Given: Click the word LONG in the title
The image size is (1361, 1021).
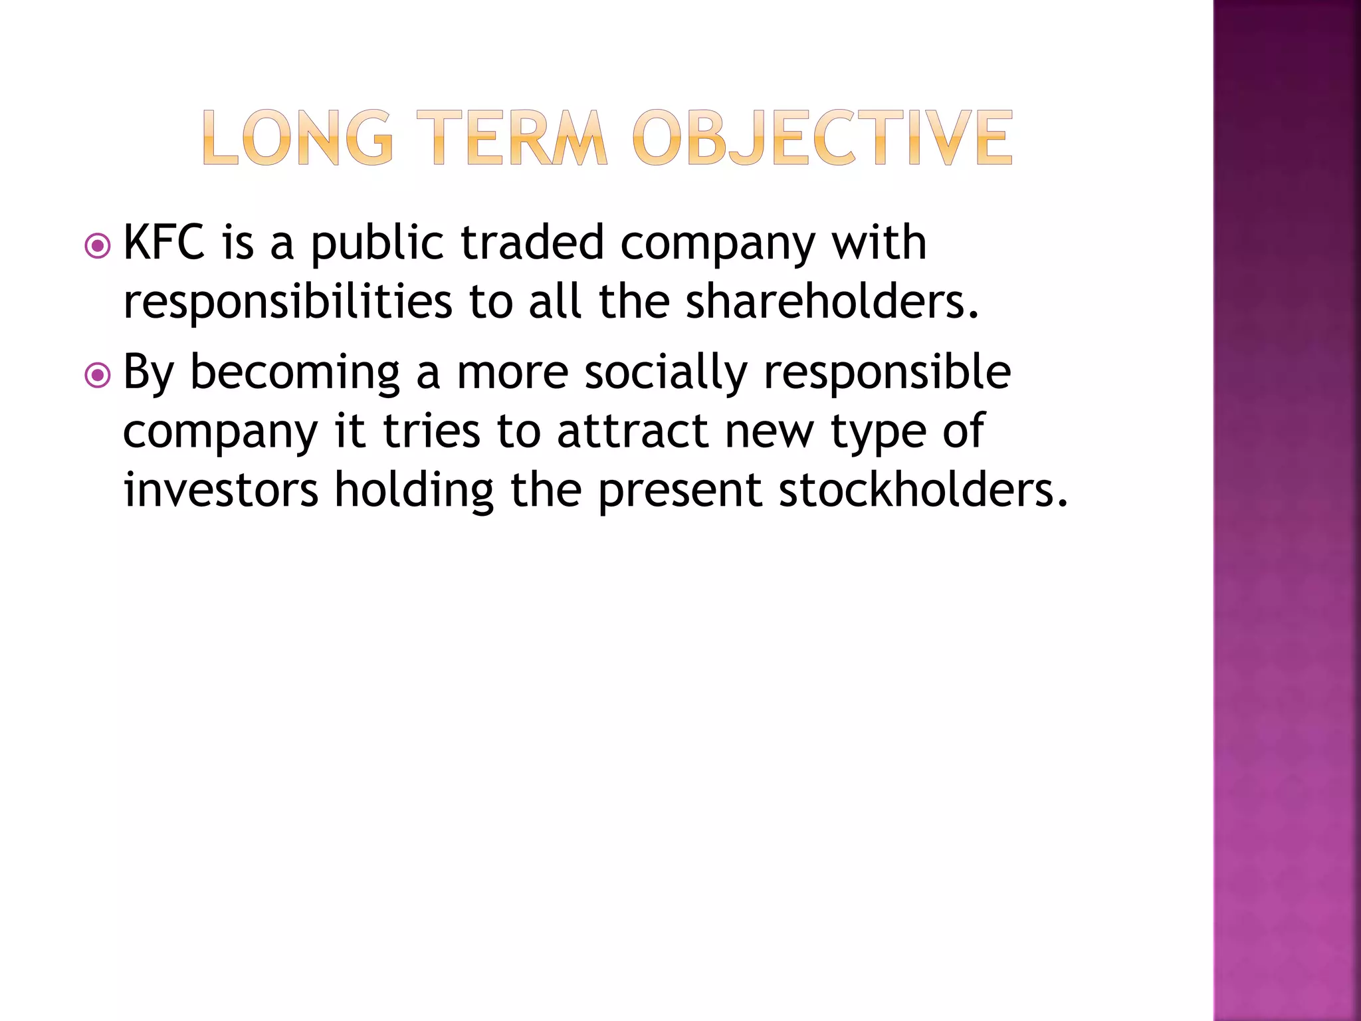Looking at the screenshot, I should (x=297, y=138).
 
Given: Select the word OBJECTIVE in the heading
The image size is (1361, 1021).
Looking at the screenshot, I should (x=822, y=138).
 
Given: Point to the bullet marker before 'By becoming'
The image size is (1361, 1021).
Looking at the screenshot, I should (x=98, y=376).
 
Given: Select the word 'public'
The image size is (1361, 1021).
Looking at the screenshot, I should (x=377, y=243).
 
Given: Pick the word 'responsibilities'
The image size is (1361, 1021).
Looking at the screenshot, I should (x=288, y=302).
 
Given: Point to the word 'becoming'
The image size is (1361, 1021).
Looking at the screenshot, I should (x=295, y=373).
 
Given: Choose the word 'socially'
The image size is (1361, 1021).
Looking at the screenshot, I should (x=666, y=373).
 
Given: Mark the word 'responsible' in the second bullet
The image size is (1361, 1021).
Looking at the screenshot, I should (x=887, y=373).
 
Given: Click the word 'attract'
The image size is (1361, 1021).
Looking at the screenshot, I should (x=633, y=431).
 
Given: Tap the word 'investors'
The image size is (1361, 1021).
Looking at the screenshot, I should (x=221, y=490).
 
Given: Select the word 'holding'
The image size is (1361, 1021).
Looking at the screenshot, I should (x=414, y=490).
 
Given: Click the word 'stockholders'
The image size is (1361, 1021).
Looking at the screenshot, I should (x=922, y=490).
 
